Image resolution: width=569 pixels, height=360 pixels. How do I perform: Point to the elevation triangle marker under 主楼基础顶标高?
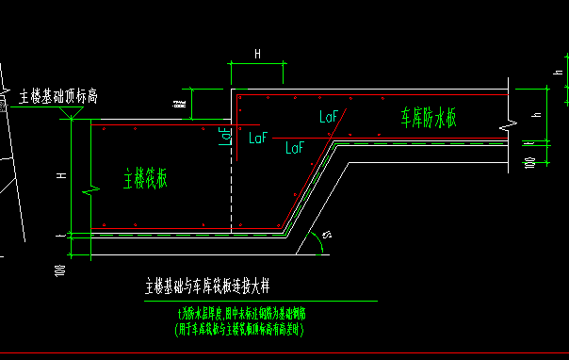pyautogui.click(x=70, y=113)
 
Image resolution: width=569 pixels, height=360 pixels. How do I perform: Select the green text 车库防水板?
pyautogui.click(x=429, y=117)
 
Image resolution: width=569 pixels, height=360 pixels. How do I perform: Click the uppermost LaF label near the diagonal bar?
pyautogui.click(x=329, y=117)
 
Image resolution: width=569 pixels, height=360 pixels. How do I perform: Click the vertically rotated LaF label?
pyautogui.click(x=224, y=135)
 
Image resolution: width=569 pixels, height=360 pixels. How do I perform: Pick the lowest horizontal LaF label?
pyautogui.click(x=295, y=148)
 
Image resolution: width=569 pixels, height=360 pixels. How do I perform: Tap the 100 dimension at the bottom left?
pyautogui.click(x=59, y=273)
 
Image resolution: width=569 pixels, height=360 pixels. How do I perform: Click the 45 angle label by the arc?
pyautogui.click(x=327, y=234)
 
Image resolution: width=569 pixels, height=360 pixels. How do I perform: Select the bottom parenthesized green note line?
pyautogui.click(x=239, y=331)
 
